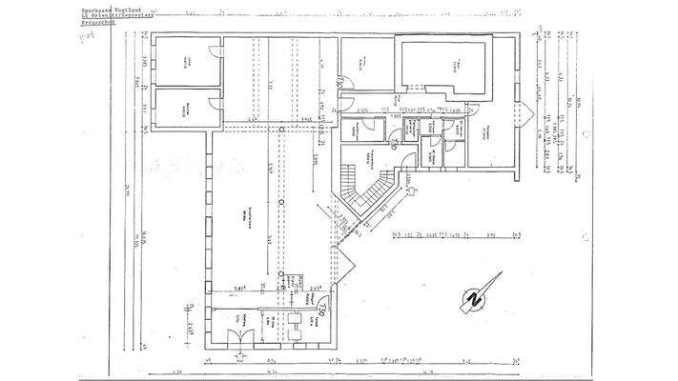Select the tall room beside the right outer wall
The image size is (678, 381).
pyautogui.click(x=491, y=133)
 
